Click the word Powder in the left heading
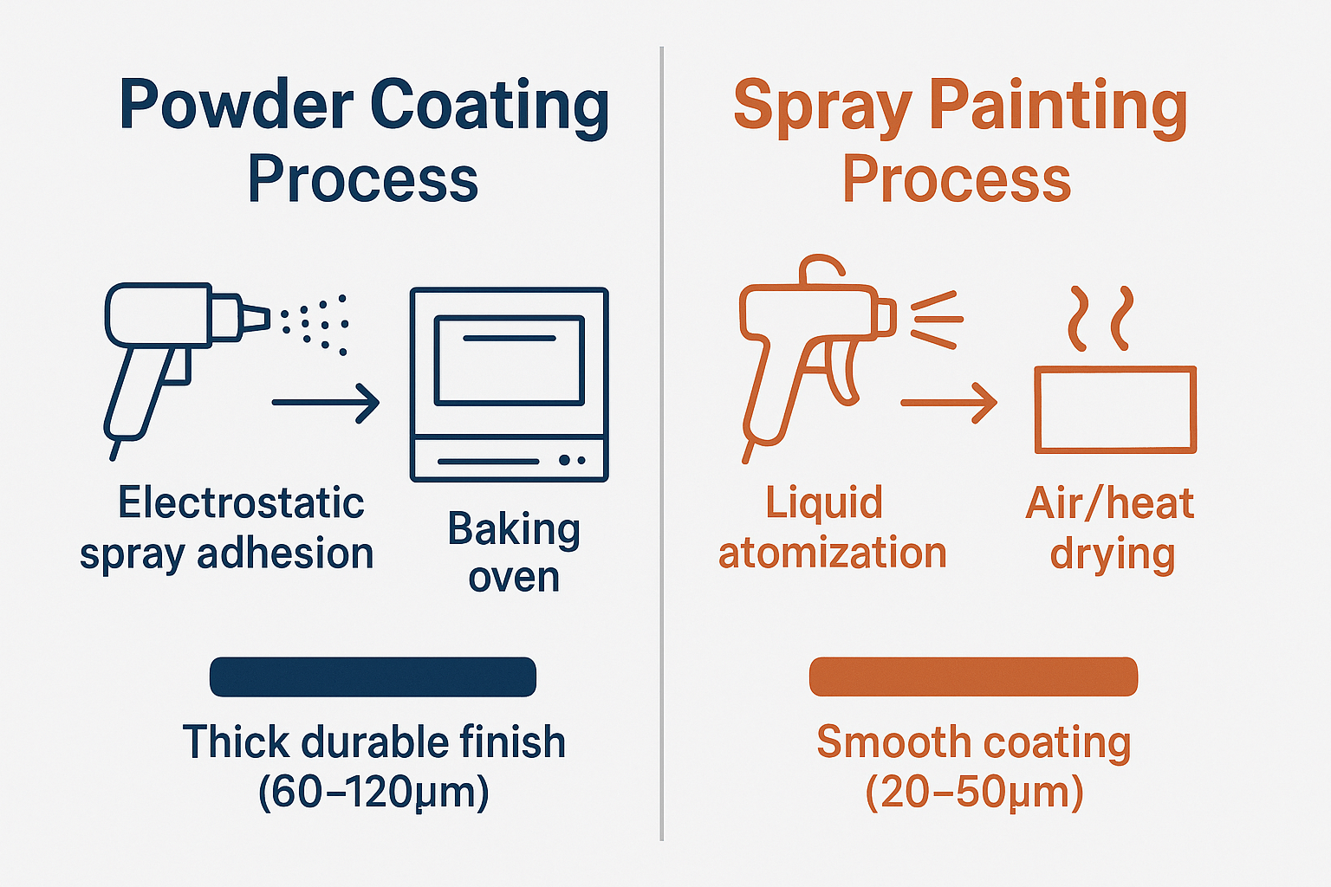pyautogui.click(x=236, y=106)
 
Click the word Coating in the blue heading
pyautogui.click(x=490, y=106)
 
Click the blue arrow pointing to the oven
pyautogui.click(x=326, y=403)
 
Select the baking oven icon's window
pyautogui.click(x=509, y=359)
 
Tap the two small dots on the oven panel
pyautogui.click(x=572, y=460)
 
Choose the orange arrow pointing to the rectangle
pyautogui.click(x=949, y=403)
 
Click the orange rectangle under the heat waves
pyautogui.click(x=1115, y=410)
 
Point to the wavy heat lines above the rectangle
pyautogui.click(x=1100, y=318)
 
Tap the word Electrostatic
pyautogui.click(x=241, y=503)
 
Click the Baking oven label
pyautogui.click(x=514, y=552)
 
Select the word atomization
pyautogui.click(x=832, y=553)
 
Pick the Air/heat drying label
pyautogui.click(x=1111, y=528)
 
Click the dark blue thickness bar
pyautogui.click(x=373, y=677)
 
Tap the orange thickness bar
pyautogui.click(x=973, y=677)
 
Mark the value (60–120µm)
pyautogui.click(x=373, y=791)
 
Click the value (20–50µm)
pyautogui.click(x=974, y=791)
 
